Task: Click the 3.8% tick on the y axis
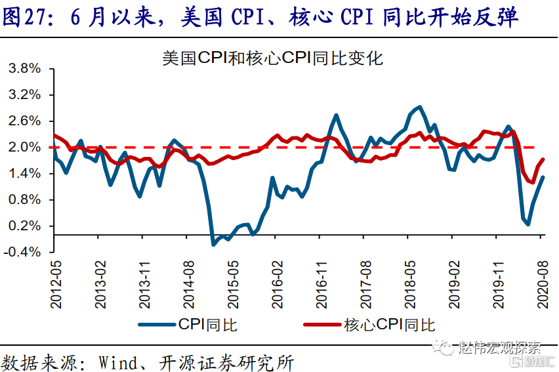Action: [24, 69]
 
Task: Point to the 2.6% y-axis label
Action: [24, 121]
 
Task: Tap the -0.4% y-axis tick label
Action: [23, 252]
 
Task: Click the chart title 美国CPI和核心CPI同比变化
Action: [272, 58]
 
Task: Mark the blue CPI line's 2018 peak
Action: [420, 106]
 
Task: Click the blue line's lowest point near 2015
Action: [213, 244]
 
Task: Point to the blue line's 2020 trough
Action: [528, 224]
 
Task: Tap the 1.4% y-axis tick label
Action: [24, 174]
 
